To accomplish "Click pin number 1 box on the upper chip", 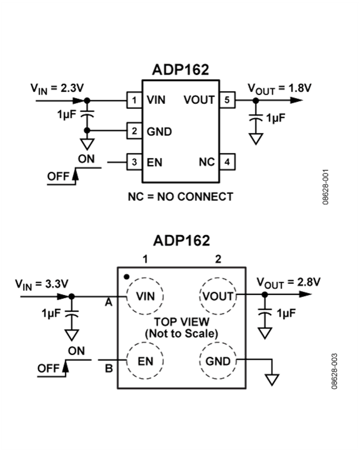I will point(134,100).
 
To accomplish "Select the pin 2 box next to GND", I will point(134,131).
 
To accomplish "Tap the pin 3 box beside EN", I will point(134,162).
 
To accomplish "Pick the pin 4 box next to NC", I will point(227,162).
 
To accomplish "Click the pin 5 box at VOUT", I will point(227,100).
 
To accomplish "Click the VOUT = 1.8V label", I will point(279,88).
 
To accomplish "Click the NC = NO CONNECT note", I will point(180,196).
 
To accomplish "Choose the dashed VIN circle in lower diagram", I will point(145,296).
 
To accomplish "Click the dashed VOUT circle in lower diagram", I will point(218,296).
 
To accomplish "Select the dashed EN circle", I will point(145,361).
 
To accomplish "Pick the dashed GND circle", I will point(218,361).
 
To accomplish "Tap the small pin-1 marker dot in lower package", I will point(126,276).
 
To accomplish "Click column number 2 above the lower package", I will point(218,259).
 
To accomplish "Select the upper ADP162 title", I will point(180,70).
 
